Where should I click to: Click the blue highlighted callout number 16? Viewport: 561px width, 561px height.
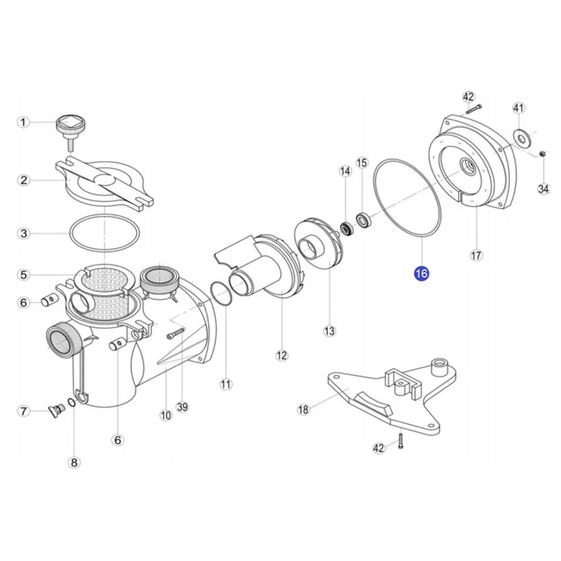click(421, 273)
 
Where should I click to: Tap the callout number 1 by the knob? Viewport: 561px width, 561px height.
click(23, 122)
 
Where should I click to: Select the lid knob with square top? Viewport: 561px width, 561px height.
click(71, 133)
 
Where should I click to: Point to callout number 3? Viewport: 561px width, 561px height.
click(24, 234)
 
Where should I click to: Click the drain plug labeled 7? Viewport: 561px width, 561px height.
click(56, 411)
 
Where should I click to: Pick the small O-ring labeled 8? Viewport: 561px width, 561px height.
click(72, 402)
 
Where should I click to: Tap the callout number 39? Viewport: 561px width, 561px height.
click(182, 407)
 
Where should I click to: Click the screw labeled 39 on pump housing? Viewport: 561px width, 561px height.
click(175, 334)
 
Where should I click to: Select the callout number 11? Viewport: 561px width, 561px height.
click(225, 384)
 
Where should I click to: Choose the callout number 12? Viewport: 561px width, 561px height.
click(282, 356)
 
